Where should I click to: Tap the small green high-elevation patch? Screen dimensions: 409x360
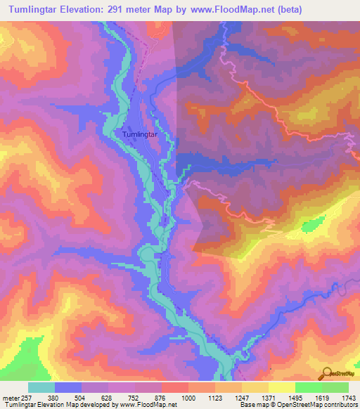click(x=311, y=226)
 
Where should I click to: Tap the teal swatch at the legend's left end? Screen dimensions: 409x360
click(x=41, y=387)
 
